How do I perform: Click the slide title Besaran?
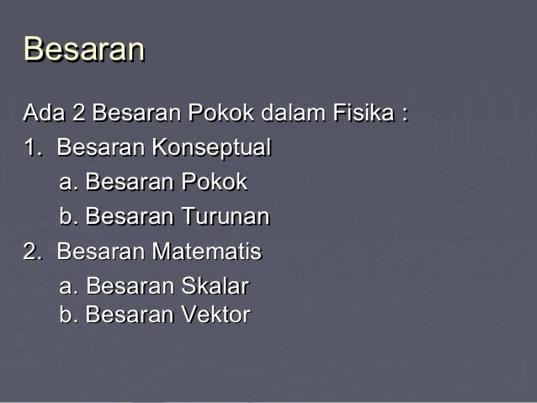click(84, 50)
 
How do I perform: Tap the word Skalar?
click(215, 287)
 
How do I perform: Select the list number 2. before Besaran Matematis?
click(33, 252)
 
